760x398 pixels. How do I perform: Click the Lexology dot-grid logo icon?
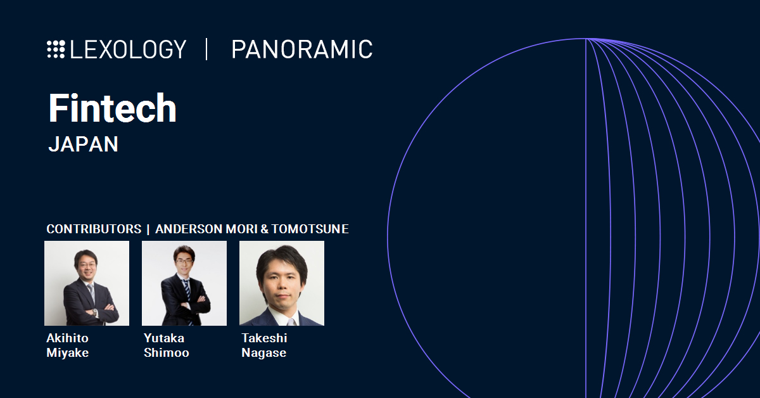click(56, 49)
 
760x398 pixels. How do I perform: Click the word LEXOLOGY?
click(128, 49)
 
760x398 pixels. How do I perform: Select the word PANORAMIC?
click(302, 49)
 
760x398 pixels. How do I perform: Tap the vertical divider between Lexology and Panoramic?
click(206, 49)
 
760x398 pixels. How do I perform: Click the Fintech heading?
click(113, 108)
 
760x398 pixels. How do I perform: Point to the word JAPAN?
click(83, 144)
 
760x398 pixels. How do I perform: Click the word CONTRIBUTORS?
click(94, 229)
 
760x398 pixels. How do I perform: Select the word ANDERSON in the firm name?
click(189, 229)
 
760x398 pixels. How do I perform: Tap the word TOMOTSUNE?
click(310, 229)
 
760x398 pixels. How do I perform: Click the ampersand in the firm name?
click(264, 229)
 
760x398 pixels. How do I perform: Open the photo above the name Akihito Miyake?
click(87, 283)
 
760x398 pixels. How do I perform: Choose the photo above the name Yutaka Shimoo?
click(184, 283)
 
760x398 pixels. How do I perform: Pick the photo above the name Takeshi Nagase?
click(282, 283)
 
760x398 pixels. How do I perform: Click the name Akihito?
click(68, 338)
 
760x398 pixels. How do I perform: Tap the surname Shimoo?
click(166, 352)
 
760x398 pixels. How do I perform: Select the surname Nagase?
click(264, 353)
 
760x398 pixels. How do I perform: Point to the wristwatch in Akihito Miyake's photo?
click(94, 312)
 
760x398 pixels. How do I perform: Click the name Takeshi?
click(264, 338)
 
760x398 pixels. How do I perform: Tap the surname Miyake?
click(68, 353)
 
